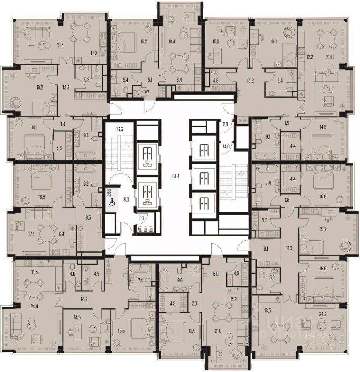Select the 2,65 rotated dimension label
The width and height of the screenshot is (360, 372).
click(110, 193)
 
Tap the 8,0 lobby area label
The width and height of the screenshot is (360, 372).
click(126, 200)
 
